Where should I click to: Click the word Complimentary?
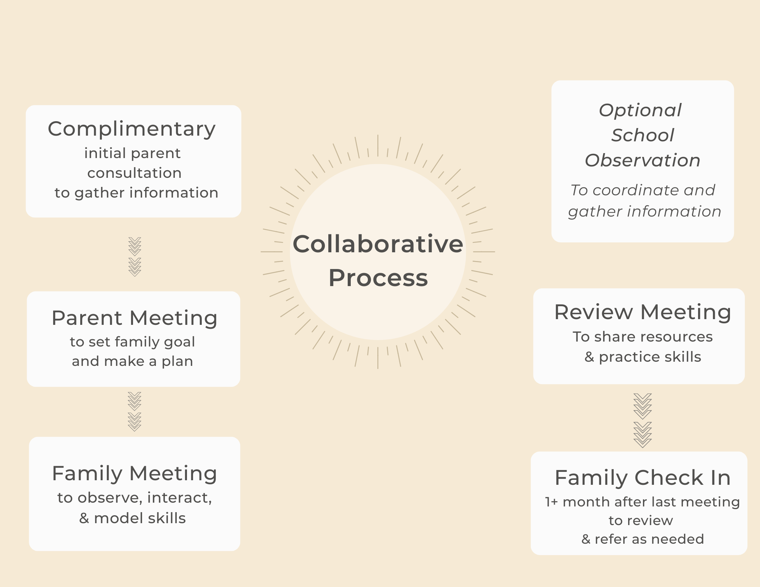tap(131, 129)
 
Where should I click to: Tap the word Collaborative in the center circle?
tap(378, 244)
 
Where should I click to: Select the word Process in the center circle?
tap(378, 278)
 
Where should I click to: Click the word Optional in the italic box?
tap(640, 111)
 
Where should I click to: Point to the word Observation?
tap(643, 160)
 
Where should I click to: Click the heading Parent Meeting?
tap(135, 318)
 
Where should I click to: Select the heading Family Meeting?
tap(135, 474)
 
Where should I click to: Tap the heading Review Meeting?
tap(643, 312)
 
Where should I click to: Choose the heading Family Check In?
tap(643, 478)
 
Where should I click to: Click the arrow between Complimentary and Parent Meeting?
tap(135, 256)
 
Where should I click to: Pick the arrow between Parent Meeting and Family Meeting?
tap(135, 411)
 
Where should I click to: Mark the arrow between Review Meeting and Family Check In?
tap(643, 420)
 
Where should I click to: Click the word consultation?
tap(135, 173)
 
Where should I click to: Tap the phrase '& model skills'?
tap(133, 518)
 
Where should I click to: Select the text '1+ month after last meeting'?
tap(643, 502)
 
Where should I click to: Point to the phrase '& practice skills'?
tap(643, 357)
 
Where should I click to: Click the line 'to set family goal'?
tap(132, 342)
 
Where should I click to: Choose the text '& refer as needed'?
tap(643, 539)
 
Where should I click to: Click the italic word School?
tap(643, 135)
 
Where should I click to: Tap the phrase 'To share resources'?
tap(643, 337)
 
